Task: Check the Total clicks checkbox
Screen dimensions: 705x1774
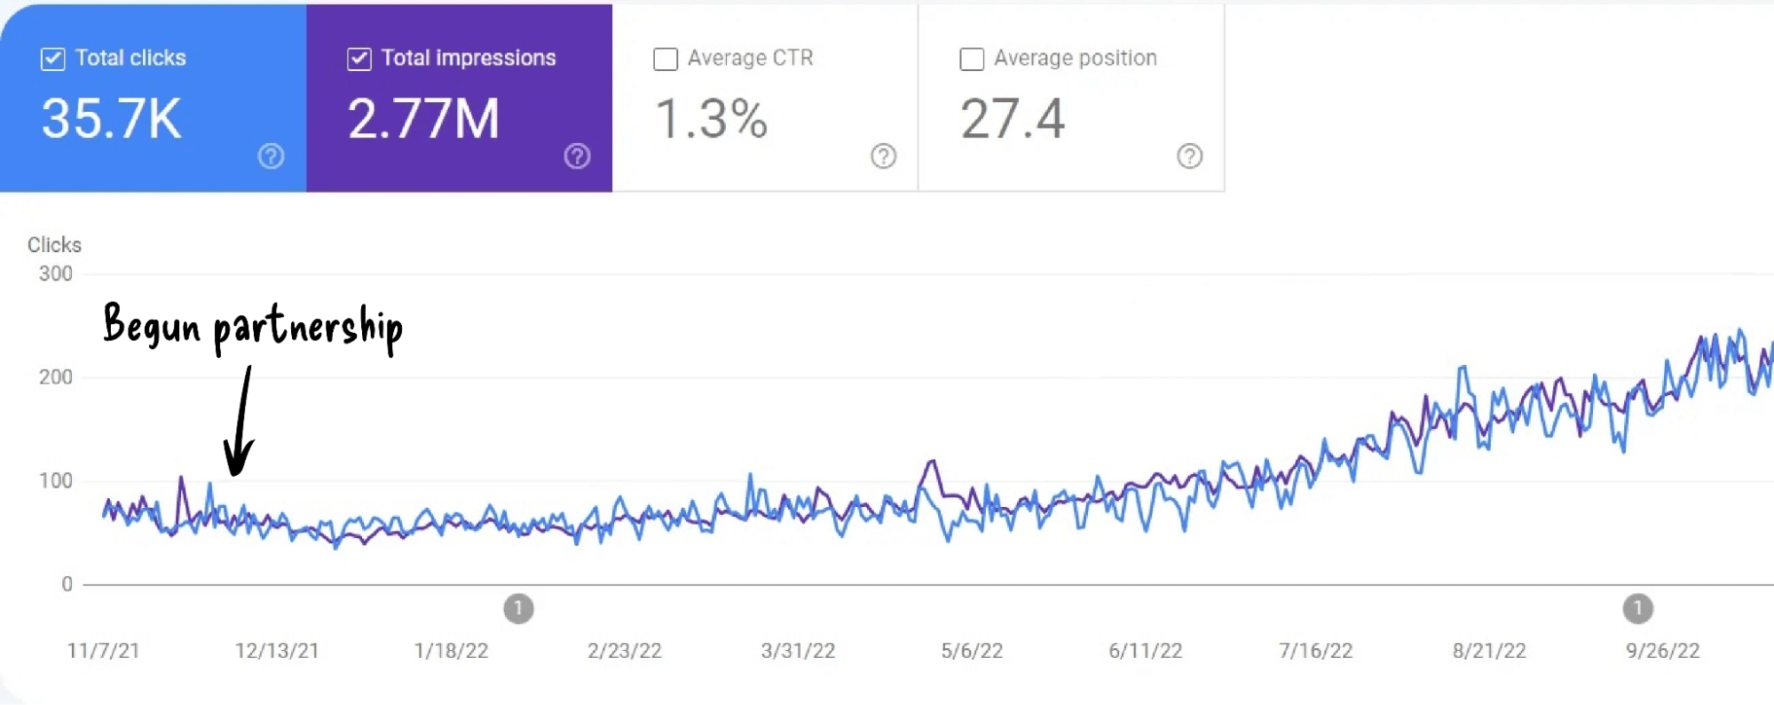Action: coord(53,59)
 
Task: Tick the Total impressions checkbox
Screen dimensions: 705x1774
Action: coord(359,59)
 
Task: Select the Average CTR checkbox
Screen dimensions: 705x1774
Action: coord(666,59)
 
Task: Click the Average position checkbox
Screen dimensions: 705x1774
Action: coord(972,59)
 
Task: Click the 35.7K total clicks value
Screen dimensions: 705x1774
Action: coord(112,119)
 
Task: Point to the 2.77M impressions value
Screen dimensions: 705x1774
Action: coord(423,119)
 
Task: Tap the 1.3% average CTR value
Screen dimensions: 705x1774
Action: coord(711,119)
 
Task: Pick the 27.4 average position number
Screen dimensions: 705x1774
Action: coord(1012,119)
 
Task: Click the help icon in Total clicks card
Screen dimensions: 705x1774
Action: coord(271,156)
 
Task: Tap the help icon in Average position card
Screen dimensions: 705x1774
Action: coord(1189,156)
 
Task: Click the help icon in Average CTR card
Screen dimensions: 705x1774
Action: coord(883,156)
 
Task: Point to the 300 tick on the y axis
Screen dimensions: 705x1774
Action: coord(56,273)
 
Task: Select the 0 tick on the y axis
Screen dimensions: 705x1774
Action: coord(67,584)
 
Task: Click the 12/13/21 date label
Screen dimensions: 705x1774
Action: coord(276,651)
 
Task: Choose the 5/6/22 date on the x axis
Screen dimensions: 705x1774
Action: coord(972,651)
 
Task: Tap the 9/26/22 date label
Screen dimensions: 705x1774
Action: coord(1662,651)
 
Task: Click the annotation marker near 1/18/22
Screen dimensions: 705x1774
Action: coord(518,609)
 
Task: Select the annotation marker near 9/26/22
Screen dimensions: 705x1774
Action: coord(1637,609)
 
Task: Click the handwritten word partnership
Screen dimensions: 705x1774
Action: coord(308,329)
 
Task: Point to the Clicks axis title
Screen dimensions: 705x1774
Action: coord(54,245)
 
